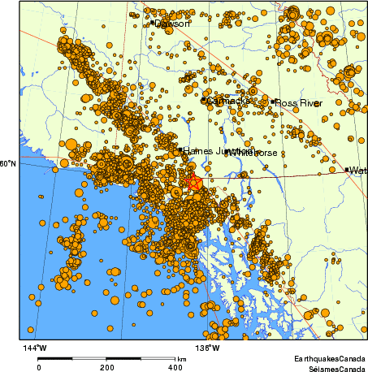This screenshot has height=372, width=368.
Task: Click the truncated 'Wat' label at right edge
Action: (x=358, y=171)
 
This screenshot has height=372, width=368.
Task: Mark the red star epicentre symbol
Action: (x=195, y=183)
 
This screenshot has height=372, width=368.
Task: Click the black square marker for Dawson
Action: (x=153, y=23)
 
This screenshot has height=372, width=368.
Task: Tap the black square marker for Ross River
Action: (x=275, y=102)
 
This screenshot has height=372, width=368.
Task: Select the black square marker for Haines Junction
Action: (x=180, y=150)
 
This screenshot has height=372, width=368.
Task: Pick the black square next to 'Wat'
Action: (x=347, y=170)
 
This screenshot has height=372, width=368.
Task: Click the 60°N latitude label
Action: (x=8, y=165)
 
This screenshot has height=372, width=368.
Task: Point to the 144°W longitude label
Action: (x=35, y=348)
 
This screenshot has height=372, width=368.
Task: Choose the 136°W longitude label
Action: (x=209, y=348)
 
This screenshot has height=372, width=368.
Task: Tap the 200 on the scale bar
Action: (x=107, y=367)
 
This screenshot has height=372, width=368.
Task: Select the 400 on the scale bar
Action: (x=175, y=367)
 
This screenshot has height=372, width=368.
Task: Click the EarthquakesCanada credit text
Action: (x=330, y=357)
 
